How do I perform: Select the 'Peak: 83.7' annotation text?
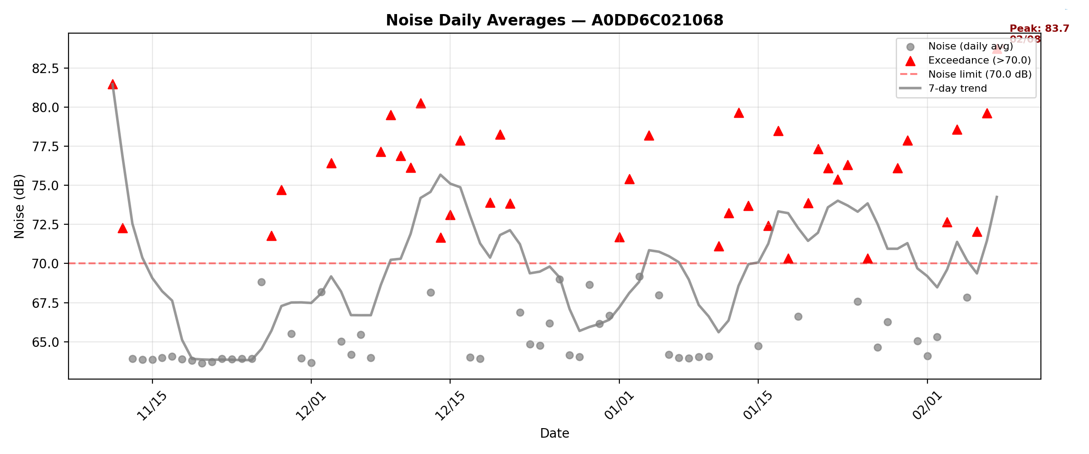[x=1039, y=29]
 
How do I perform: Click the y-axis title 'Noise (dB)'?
[x=19, y=206]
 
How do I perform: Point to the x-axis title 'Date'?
[x=554, y=433]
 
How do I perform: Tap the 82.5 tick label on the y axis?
[x=45, y=69]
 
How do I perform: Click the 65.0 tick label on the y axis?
[x=45, y=342]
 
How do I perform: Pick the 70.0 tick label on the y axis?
[x=45, y=264]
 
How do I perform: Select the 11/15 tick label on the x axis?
[x=152, y=405]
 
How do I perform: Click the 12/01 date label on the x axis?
[x=311, y=405]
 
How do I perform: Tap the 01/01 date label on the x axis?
[x=619, y=405]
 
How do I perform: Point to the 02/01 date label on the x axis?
[x=927, y=405]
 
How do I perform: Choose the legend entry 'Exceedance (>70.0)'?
[x=980, y=60]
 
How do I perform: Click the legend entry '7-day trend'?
[x=957, y=89]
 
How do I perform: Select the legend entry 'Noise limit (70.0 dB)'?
[x=980, y=74]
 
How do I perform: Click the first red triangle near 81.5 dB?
[x=113, y=84]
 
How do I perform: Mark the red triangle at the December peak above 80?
[x=421, y=104]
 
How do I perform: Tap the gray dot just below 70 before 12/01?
[x=261, y=282]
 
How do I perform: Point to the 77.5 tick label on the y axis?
[x=45, y=147]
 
